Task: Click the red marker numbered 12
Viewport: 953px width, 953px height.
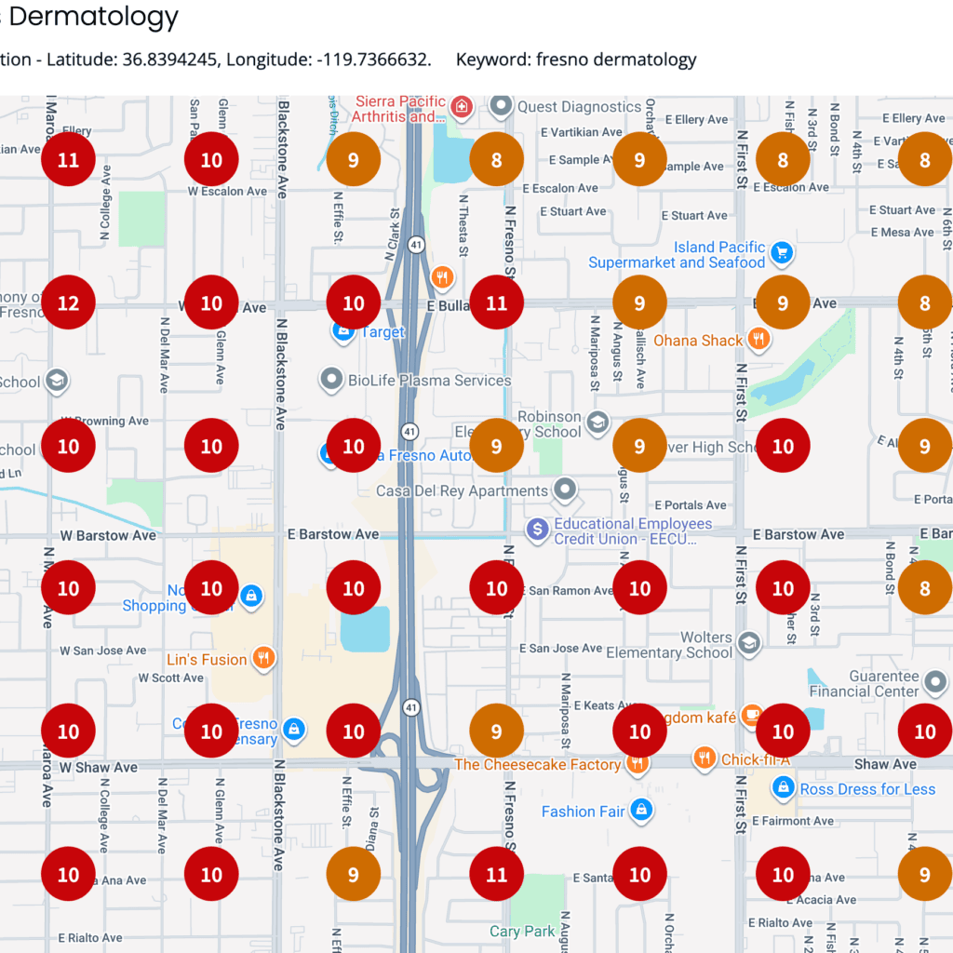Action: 68,303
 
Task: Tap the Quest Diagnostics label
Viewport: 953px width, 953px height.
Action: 579,107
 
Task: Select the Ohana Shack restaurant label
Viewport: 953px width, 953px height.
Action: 698,341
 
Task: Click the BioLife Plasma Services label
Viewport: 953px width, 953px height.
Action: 429,380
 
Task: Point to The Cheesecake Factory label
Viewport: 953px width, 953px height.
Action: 537,765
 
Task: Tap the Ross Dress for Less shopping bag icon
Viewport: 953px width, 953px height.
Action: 784,789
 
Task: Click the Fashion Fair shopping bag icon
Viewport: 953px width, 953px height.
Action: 640,812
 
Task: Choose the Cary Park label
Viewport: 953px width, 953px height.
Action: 522,931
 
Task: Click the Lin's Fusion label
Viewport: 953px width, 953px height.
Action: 207,660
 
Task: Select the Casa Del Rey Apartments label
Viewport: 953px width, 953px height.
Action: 462,490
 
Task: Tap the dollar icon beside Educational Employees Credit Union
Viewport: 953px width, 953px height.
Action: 537,530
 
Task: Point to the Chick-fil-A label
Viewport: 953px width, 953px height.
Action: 756,760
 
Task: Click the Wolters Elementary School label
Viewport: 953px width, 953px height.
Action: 669,645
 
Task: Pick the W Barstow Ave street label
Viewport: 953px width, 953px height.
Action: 108,536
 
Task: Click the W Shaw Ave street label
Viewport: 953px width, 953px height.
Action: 100,768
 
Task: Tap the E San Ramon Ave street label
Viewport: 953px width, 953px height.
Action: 570,591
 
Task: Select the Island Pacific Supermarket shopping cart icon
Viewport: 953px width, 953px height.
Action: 782,250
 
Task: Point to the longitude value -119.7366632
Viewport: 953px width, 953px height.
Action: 373,60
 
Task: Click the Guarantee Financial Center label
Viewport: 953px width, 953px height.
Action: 865,684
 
